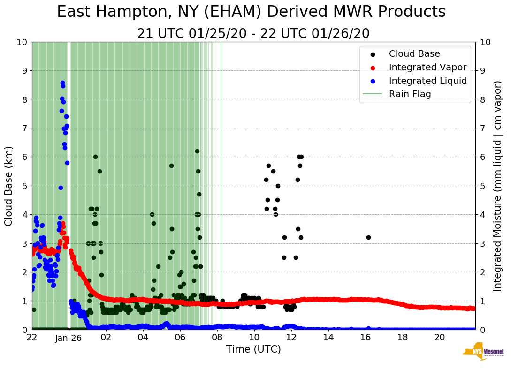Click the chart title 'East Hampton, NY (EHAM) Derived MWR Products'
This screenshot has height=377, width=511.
point(251,12)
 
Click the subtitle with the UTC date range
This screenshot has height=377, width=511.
point(253,34)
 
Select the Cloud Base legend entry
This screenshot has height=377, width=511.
point(414,54)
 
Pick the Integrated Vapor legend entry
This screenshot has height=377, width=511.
point(427,67)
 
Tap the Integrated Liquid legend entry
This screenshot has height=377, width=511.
point(427,81)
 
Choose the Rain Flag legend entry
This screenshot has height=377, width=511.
point(410,94)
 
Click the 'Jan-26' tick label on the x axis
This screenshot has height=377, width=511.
point(69,337)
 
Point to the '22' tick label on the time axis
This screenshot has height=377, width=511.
point(32,337)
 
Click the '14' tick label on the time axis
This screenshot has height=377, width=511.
point(328,337)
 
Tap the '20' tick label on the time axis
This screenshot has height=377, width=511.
point(439,337)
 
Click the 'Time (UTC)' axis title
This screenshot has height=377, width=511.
point(253,349)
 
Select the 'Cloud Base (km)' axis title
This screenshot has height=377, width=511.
point(9,185)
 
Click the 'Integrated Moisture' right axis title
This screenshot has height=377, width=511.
point(498,185)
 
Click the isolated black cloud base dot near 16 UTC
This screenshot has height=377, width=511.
point(368,237)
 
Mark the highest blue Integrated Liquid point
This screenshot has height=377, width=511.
point(62,83)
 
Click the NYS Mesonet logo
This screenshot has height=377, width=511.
point(483,352)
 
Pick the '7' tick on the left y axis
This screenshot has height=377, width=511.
point(23,128)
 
